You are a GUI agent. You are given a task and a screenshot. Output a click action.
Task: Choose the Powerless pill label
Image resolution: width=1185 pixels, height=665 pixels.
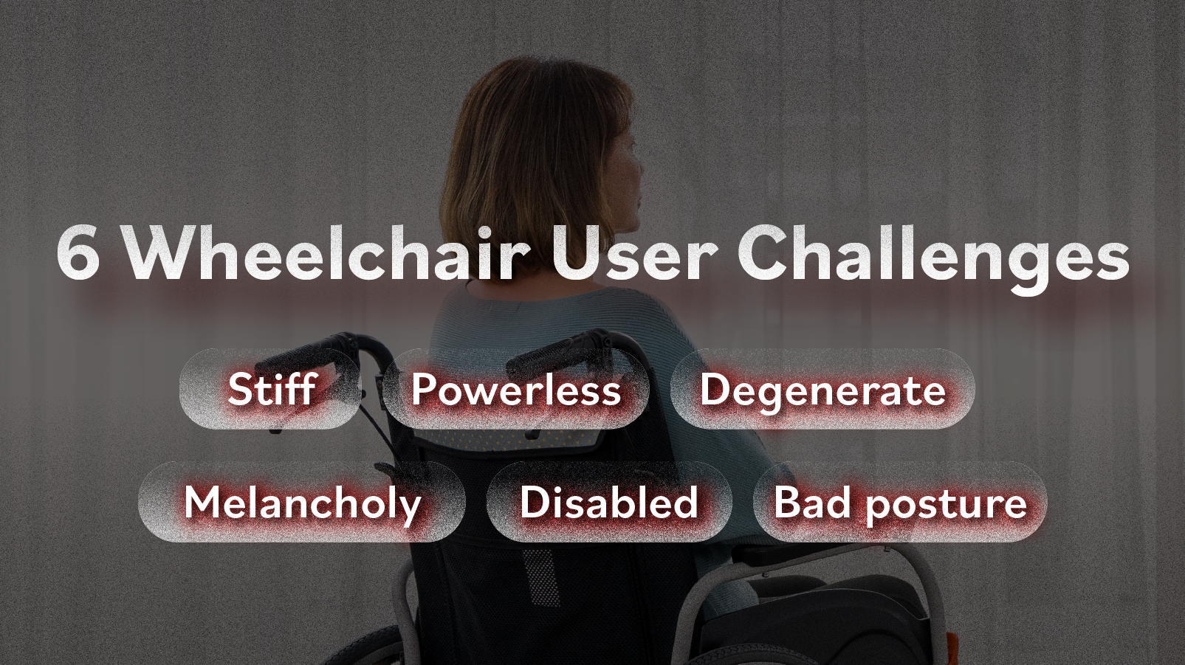click(516, 389)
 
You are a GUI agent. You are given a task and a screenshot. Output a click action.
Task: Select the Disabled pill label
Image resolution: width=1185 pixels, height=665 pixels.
click(609, 501)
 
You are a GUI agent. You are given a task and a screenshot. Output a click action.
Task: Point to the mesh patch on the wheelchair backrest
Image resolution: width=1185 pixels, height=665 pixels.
click(540, 576)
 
